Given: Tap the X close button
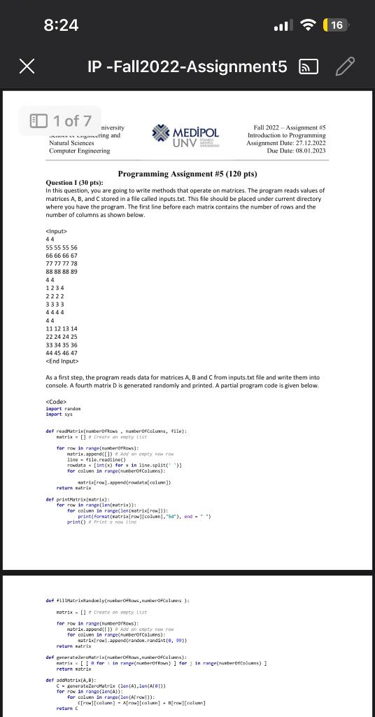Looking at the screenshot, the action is click(26, 67).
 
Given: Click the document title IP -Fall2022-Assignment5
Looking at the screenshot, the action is click(187, 67).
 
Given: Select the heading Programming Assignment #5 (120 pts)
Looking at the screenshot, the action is click(187, 174).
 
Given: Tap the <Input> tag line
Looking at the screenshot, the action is click(56, 232).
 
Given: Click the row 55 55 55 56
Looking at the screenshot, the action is click(62, 248).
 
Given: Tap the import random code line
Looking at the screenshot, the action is click(62, 408).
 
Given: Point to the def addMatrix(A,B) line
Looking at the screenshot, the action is click(66, 679).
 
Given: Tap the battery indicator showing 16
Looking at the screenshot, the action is click(336, 25).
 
